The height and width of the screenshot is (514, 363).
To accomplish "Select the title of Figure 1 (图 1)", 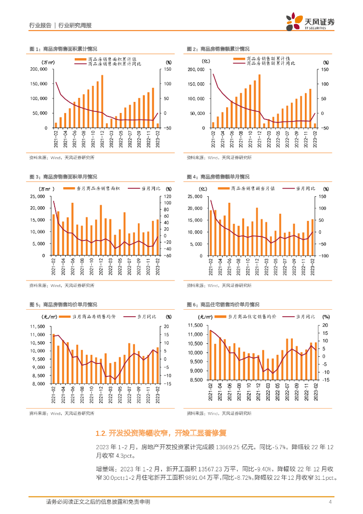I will click(x=63, y=49).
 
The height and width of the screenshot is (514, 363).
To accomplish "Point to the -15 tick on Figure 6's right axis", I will click(x=325, y=380).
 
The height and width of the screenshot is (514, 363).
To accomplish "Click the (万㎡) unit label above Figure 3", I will click(x=45, y=188).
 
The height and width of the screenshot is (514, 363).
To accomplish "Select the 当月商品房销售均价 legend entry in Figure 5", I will click(x=89, y=317).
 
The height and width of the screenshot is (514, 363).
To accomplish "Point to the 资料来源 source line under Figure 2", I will click(x=219, y=158).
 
